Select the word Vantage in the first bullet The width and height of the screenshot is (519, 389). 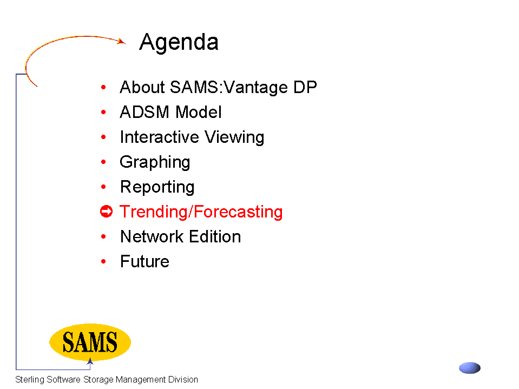click(x=255, y=88)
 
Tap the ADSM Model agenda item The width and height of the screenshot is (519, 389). click(x=170, y=112)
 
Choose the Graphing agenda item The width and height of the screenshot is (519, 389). click(x=155, y=163)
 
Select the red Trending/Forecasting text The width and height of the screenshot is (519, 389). click(x=201, y=212)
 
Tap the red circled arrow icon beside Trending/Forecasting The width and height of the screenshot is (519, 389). click(x=106, y=212)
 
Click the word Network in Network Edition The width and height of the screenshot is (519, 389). click(x=152, y=236)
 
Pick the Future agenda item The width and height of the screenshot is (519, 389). click(x=144, y=261)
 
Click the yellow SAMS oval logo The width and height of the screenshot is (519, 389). click(x=90, y=342)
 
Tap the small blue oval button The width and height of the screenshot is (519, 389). click(x=470, y=368)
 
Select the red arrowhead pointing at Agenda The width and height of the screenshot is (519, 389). click(x=122, y=41)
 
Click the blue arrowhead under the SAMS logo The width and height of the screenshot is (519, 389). click(x=90, y=361)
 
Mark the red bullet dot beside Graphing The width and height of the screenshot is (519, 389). click(x=103, y=162)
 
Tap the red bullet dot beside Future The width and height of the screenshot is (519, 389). click(x=103, y=261)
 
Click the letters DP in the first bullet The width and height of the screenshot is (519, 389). click(x=305, y=87)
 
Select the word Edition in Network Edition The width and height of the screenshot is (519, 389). click(x=215, y=236)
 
